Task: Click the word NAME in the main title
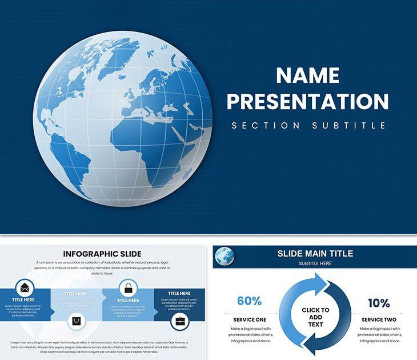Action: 307,75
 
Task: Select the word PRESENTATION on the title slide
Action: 307,101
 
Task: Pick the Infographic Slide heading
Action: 103,254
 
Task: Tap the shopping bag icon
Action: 76,321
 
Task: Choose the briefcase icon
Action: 180,321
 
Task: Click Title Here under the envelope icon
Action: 24,299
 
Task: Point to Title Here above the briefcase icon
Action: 179,294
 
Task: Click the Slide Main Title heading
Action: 315,253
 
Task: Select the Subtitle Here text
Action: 315,263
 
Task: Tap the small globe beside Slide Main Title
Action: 224,257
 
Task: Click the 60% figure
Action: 249,301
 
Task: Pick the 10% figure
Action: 379,303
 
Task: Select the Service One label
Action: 250,319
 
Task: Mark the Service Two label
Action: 379,319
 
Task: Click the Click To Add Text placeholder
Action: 315,317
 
